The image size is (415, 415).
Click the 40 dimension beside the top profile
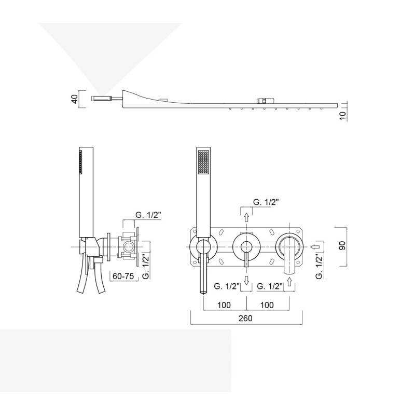(x=75, y=99)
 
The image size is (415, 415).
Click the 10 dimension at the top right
(x=342, y=116)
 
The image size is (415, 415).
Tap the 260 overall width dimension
(x=245, y=318)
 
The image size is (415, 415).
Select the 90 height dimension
(x=342, y=245)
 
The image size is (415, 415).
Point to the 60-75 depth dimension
(x=124, y=276)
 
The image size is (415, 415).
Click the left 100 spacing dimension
(x=224, y=305)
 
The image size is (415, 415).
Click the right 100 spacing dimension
(x=267, y=305)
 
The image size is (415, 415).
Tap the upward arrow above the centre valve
(x=246, y=217)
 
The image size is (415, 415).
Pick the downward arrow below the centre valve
(x=246, y=280)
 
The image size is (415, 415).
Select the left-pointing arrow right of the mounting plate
(x=315, y=247)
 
